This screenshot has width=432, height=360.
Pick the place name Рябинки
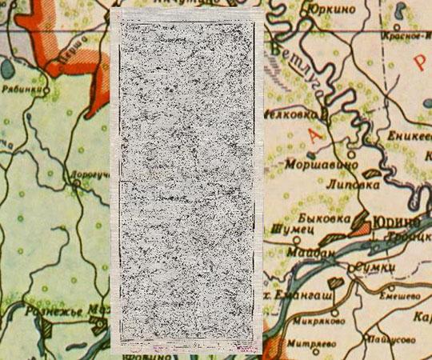[19, 90]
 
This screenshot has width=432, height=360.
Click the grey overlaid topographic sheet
[188, 180]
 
